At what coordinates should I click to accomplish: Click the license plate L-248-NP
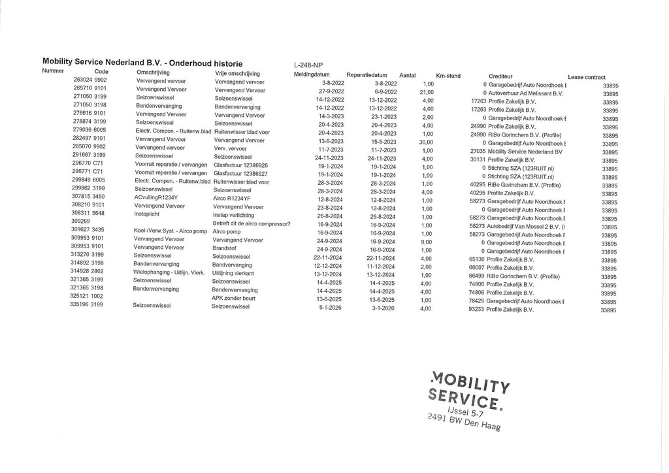pyautogui.click(x=308, y=65)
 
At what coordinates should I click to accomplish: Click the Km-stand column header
pyautogui.click(x=448, y=76)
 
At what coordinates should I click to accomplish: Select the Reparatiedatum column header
pyautogui.click(x=367, y=75)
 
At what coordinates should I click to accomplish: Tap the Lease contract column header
pyautogui.click(x=586, y=77)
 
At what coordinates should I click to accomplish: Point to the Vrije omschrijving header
pyautogui.click(x=237, y=74)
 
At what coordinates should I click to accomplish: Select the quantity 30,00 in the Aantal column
pyautogui.click(x=426, y=142)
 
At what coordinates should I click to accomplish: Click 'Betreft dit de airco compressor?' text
pyautogui.click(x=252, y=224)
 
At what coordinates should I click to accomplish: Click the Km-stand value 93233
pyautogui.click(x=476, y=310)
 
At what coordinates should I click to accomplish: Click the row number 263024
pyautogui.click(x=82, y=80)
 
